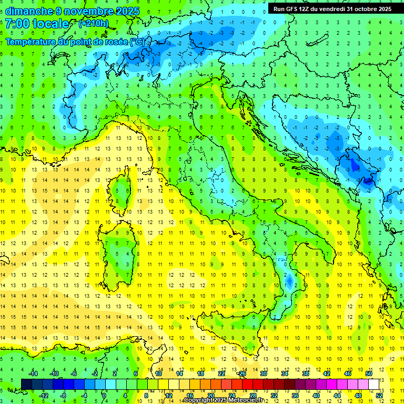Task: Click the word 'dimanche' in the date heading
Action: point(26,11)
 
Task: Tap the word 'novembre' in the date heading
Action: point(82,11)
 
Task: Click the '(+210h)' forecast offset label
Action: point(94,24)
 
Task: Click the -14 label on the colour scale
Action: point(32,373)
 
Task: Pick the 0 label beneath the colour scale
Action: point(104,396)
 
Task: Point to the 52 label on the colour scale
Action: point(379,396)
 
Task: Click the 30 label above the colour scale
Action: point(264,373)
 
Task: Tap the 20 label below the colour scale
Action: point(210,396)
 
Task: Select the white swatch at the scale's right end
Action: point(373,384)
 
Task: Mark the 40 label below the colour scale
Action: point(316,396)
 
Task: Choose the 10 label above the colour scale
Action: point(158,373)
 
